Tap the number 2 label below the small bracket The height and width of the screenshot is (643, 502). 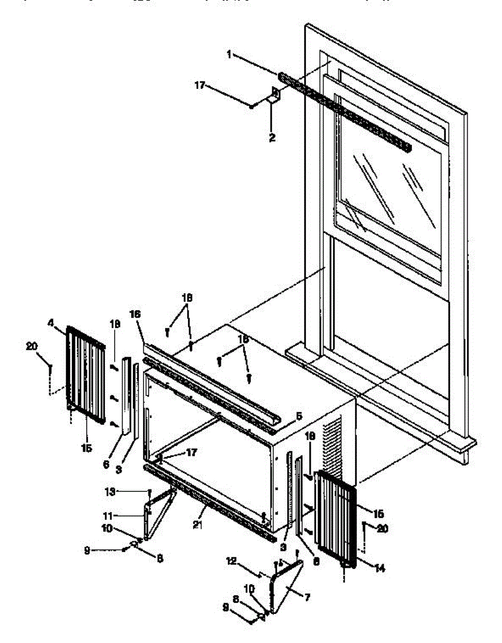pyautogui.click(x=272, y=138)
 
